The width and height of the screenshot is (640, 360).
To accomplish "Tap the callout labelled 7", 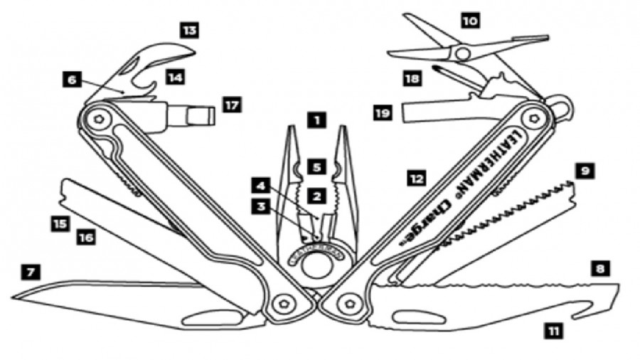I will tap(31, 271).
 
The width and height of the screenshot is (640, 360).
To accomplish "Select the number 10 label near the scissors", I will tap(469, 21).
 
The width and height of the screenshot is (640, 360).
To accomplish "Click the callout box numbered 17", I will tap(231, 105).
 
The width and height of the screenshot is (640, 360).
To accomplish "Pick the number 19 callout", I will tap(383, 112).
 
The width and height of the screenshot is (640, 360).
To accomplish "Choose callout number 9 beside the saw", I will tap(585, 171).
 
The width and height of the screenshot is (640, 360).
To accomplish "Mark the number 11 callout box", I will tap(553, 329).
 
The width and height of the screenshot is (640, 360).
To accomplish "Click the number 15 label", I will tap(60, 223).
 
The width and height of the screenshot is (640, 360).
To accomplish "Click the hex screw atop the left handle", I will tap(99, 118).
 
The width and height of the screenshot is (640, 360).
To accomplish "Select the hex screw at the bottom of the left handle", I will tap(285, 302).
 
